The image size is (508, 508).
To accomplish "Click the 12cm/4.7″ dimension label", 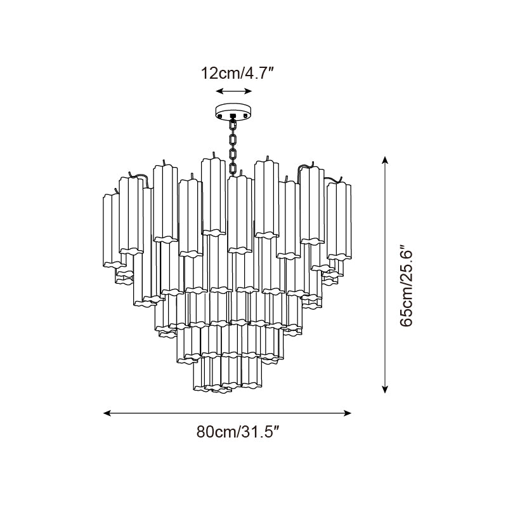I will pyautogui.click(x=237, y=73).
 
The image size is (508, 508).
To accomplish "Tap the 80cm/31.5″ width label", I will pyautogui.click(x=238, y=433).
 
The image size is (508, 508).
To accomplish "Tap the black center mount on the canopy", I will pyautogui.click(x=233, y=116).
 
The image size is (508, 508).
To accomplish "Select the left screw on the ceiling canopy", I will pyautogui.click(x=220, y=116).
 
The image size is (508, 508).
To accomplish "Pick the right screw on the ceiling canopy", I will pyautogui.click(x=245, y=116).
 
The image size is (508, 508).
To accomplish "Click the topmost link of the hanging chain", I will pyautogui.click(x=233, y=124).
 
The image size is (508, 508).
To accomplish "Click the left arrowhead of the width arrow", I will pyautogui.click(x=107, y=413).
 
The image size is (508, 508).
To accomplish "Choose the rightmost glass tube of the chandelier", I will pyautogui.click(x=341, y=222).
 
